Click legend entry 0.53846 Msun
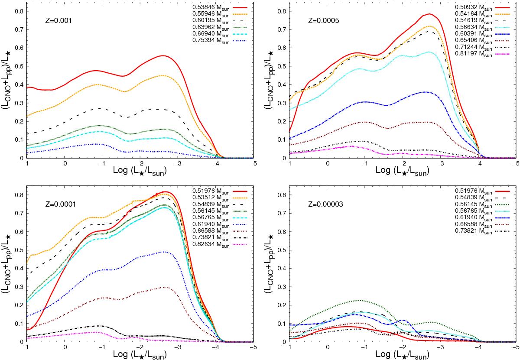coord(198,8)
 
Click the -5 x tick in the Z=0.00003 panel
coord(516,347)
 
